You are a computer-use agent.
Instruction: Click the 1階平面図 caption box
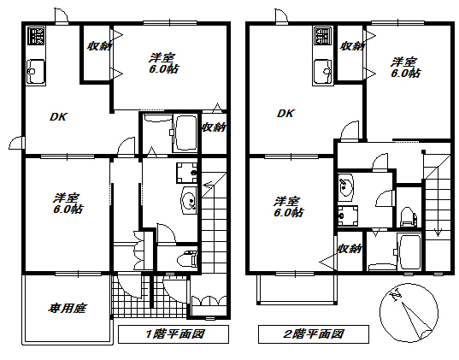[x=174, y=334]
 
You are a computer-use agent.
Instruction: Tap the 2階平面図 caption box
[x=314, y=334]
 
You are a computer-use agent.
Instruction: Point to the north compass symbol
[x=409, y=313]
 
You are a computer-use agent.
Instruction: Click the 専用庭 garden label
[x=68, y=309]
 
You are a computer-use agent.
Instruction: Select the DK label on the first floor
[x=58, y=117]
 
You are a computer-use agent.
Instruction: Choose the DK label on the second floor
[x=286, y=114]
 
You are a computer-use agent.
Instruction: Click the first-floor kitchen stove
[x=37, y=35]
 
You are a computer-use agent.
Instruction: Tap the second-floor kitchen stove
[x=323, y=36]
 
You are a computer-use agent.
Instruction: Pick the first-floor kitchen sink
[x=36, y=71]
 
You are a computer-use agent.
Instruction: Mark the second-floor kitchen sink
[x=323, y=72]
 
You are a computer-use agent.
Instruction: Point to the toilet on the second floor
[x=408, y=216]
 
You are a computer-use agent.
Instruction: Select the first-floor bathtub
[x=185, y=133]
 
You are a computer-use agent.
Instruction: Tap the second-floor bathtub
[x=409, y=251]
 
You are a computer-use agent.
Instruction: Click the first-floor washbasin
[x=190, y=200]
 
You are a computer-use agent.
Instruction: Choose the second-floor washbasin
[x=345, y=187]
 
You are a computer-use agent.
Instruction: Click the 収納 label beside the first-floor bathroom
[x=214, y=127]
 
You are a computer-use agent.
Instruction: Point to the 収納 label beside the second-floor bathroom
[x=350, y=249]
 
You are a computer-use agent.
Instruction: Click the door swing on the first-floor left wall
[x=16, y=142]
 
